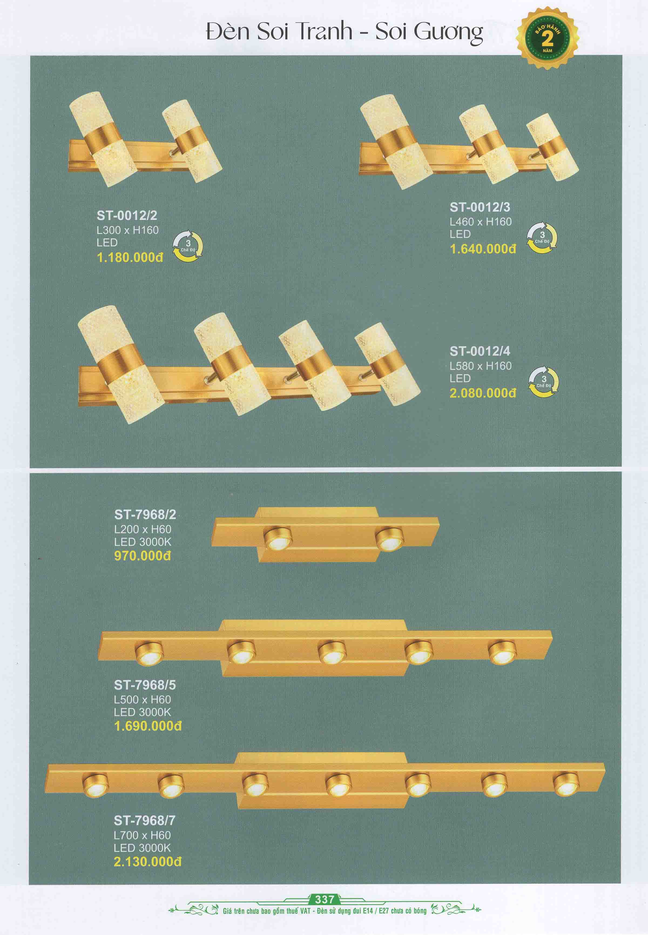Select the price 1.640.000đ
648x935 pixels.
[x=483, y=249]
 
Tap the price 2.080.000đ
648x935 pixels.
[x=483, y=393]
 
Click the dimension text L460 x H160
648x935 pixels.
[x=481, y=222]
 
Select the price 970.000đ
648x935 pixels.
[x=143, y=556]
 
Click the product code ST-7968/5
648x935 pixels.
[x=145, y=685]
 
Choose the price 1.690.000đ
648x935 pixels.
[x=148, y=726]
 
